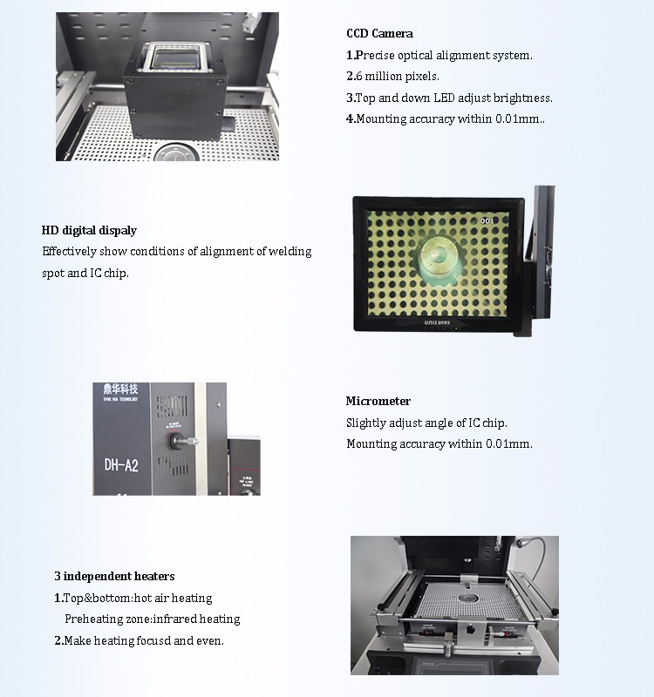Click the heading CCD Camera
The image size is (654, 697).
coord(379,34)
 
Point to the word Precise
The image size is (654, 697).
coord(377,56)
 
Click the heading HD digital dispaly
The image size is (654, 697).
coord(89,231)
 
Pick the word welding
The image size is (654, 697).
coord(290,252)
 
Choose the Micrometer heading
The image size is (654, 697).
coord(378,402)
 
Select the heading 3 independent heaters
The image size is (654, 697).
coord(114,576)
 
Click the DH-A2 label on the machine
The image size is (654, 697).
coord(121,465)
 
